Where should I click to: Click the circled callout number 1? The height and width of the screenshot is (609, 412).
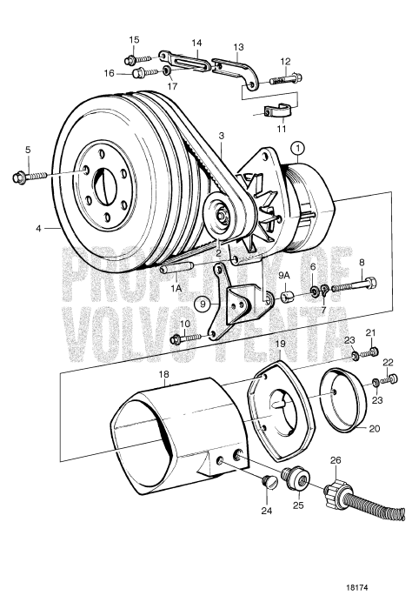pyautogui.click(x=298, y=149)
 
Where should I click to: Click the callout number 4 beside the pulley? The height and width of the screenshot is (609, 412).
pyautogui.click(x=37, y=229)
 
